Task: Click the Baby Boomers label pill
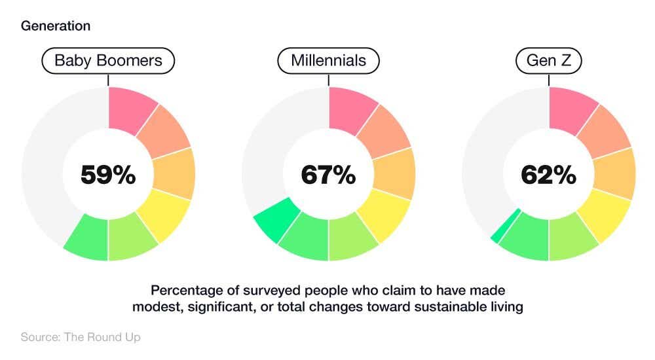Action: click(x=108, y=62)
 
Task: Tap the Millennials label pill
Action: click(x=328, y=62)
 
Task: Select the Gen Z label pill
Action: click(x=549, y=62)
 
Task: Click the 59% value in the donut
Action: click(x=108, y=175)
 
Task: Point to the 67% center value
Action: click(x=328, y=175)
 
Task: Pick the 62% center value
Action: click(x=549, y=175)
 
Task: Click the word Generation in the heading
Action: click(x=56, y=26)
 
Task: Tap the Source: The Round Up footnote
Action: click(x=81, y=337)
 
